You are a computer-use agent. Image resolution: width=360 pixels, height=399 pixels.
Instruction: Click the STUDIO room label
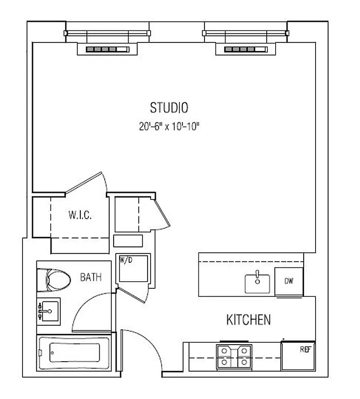point(169,107)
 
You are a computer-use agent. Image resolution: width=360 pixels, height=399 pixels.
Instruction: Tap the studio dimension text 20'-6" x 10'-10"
point(169,127)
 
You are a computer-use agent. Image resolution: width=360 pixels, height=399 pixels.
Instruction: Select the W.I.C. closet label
point(79,216)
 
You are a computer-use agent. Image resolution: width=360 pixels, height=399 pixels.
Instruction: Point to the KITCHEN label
point(248,320)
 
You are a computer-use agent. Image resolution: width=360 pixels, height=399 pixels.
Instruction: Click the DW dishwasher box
point(289,282)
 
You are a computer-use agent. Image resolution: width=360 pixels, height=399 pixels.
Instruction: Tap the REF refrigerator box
point(299,356)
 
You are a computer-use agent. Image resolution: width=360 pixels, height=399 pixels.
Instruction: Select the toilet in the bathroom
point(55,279)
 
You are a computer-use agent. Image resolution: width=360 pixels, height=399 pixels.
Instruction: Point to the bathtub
point(73,352)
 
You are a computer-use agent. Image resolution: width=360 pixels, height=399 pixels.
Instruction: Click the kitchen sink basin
point(257,283)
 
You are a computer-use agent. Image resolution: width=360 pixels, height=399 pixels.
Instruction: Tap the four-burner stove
point(233,357)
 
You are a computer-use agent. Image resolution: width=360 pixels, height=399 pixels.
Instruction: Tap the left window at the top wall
point(107,33)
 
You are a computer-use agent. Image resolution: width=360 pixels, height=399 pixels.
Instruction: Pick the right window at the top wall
point(246,33)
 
